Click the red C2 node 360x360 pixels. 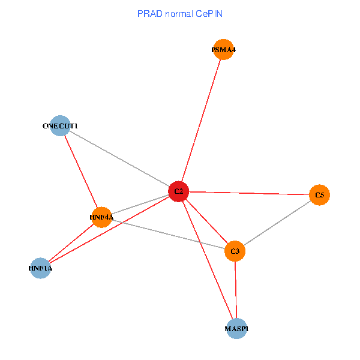coord(178,191)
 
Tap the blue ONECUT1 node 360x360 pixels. coord(60,126)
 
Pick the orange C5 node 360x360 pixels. coord(320,195)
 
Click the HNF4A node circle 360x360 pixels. coord(102,217)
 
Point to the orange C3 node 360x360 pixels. coord(235,251)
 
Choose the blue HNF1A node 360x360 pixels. coord(40,269)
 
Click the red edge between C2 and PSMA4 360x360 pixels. coord(201,121)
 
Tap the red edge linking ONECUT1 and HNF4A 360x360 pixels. coord(81,172)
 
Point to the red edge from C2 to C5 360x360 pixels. coord(249,193)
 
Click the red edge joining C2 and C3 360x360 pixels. coord(206,221)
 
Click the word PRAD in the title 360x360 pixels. coord(149,13)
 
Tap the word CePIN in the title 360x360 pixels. coord(209,13)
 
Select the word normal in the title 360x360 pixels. coord(178,13)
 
